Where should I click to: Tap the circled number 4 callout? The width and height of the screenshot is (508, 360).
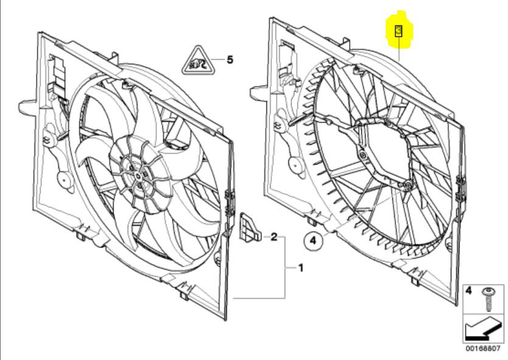[313, 241]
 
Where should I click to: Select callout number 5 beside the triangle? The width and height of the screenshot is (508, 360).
[229, 60]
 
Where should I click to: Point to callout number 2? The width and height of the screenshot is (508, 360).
[274, 236]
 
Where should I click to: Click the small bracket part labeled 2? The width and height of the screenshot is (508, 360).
[250, 227]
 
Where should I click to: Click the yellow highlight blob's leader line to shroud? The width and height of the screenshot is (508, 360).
[398, 49]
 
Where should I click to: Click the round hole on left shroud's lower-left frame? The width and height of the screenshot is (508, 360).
[63, 180]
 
